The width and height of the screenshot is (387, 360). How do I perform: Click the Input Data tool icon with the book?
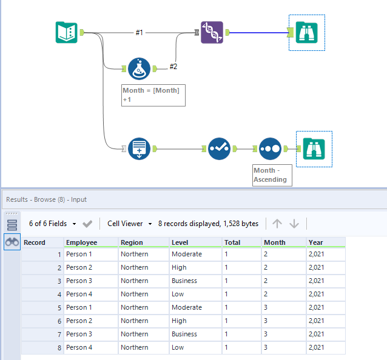tap(66, 32)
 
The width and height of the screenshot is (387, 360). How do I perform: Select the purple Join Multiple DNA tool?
tap(212, 32)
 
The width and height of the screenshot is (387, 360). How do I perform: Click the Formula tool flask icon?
tap(139, 69)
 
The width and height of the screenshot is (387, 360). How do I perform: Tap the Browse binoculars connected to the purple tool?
tap(307, 32)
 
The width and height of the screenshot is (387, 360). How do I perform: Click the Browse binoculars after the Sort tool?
tap(314, 148)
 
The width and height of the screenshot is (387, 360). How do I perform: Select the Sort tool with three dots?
tap(270, 148)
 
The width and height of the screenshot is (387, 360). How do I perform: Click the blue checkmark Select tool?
tap(219, 148)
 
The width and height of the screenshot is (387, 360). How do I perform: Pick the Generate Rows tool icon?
tap(139, 148)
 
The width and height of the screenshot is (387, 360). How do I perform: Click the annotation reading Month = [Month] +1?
tap(153, 95)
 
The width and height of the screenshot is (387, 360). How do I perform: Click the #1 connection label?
tap(140, 32)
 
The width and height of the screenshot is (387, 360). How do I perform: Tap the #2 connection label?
tap(173, 66)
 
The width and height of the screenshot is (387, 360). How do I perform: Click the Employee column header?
tap(82, 242)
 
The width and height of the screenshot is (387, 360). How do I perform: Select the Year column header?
tap(316, 242)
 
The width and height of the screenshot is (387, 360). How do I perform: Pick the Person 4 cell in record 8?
tap(79, 347)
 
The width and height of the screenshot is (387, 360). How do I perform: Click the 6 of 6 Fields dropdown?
tap(52, 224)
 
